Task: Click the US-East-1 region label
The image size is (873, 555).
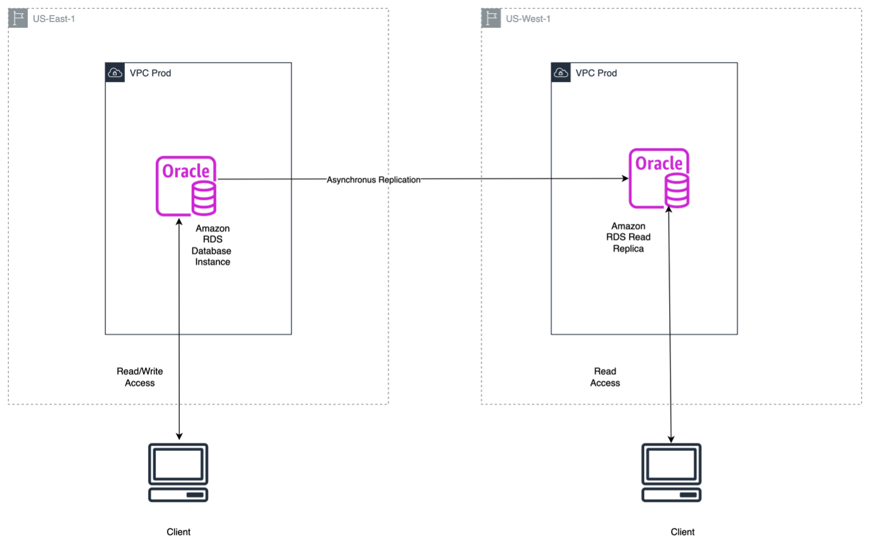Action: (x=54, y=19)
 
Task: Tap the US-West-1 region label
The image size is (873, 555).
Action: (x=528, y=19)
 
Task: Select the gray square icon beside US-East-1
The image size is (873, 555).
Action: (x=18, y=19)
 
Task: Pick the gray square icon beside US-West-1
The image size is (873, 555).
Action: (x=491, y=19)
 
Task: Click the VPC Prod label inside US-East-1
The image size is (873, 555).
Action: (x=150, y=73)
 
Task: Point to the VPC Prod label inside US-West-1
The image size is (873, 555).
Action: (x=596, y=73)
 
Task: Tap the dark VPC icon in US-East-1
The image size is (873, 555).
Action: (x=115, y=73)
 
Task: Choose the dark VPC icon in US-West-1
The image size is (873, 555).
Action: (x=561, y=73)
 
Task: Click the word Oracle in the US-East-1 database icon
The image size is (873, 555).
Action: (x=185, y=171)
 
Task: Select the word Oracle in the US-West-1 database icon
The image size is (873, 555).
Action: (x=659, y=164)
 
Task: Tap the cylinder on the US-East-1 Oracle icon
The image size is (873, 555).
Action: (x=204, y=199)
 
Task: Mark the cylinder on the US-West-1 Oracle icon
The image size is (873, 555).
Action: (x=677, y=191)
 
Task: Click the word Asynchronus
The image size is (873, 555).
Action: (x=351, y=180)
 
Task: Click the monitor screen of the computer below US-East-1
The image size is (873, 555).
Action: (x=178, y=464)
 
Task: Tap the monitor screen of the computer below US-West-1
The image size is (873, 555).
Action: (x=671, y=464)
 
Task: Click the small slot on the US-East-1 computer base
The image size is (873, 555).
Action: (x=195, y=494)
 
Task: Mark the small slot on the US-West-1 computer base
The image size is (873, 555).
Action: (x=688, y=494)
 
